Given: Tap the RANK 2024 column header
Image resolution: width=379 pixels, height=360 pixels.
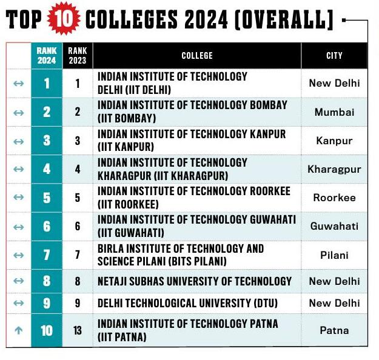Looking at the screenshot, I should tap(47, 56).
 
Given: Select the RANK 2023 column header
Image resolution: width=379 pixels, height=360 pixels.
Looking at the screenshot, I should tap(78, 56).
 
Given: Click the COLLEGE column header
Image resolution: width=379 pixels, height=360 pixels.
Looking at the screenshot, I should tap(197, 56).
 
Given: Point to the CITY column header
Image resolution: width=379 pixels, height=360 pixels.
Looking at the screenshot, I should tap(334, 56).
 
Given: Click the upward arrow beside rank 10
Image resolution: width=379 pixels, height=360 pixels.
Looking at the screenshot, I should tap(18, 330).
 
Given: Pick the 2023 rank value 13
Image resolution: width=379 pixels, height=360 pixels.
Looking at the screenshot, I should tap(78, 330).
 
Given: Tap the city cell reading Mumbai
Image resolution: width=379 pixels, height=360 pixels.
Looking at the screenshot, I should tap(334, 112).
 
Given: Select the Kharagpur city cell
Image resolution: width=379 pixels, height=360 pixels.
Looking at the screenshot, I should tap(334, 169).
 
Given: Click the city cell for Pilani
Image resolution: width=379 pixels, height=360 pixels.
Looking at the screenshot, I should tap(334, 255).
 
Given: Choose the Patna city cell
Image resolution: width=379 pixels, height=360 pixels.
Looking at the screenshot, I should tap(334, 330).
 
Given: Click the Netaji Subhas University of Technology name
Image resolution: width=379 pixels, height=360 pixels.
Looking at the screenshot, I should tap(195, 281).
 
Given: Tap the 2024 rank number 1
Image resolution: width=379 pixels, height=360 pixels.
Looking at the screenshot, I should tap(47, 84).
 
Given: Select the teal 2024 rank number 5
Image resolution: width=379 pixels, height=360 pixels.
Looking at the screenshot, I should tap(47, 198).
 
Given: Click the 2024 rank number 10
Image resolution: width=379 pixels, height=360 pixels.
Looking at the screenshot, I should tap(47, 330).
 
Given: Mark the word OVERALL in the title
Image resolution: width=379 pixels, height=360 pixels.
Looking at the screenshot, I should tap(283, 20).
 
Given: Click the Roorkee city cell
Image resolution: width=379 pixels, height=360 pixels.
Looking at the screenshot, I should tap(334, 198).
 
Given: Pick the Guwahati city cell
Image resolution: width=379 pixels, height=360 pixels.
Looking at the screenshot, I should tap(334, 226).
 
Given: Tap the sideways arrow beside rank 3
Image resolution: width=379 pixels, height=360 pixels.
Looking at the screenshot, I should tap(18, 141).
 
